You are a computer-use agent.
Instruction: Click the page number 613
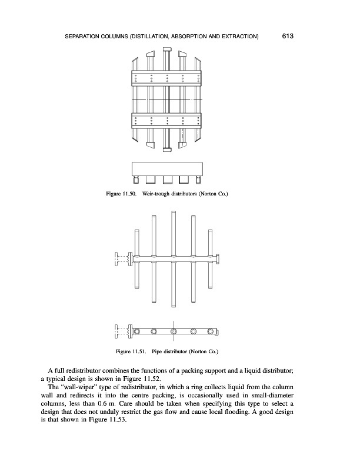coord(288,37)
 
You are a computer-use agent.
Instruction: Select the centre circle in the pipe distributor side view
coord(174,332)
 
